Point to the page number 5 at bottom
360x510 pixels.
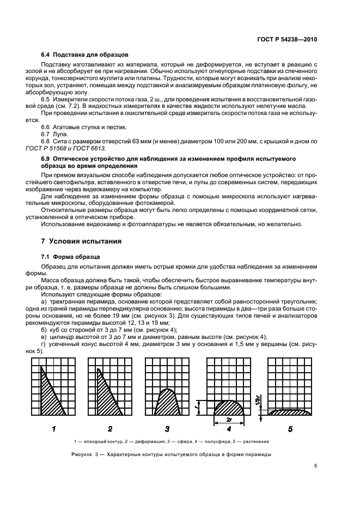pyautogui.click(x=315, y=465)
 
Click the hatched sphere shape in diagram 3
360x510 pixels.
pyautogui.click(x=166, y=403)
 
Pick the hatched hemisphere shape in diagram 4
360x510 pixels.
pyautogui.click(x=228, y=408)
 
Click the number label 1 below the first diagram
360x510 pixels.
pyautogui.click(x=54, y=428)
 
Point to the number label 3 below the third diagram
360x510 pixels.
pyautogui.click(x=167, y=428)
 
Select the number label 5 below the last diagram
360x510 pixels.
pyautogui.click(x=290, y=428)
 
